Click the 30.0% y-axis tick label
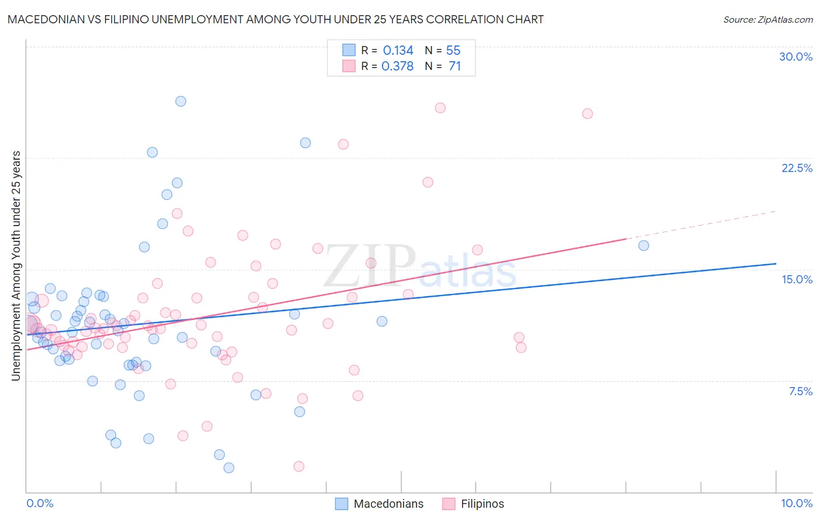pos(796,57)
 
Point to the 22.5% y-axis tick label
pos(797,168)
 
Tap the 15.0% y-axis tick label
pos(797,279)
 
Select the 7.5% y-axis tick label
pos(800,391)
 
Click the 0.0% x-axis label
pos(40,503)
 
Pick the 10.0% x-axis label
pos(797,503)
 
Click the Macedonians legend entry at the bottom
pos(388,504)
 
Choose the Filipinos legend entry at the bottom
pos(482,504)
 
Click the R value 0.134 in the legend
pos(398,51)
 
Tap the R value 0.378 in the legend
pos(397,66)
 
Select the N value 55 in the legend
pos(453,51)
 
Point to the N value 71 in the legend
pos(455,66)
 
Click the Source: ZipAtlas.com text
pos(768,20)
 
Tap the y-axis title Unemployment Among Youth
pos(16,266)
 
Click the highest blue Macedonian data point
pos(181,101)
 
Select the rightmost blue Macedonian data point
pos(643,245)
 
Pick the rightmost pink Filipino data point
pos(587,114)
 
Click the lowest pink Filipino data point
pos(299,466)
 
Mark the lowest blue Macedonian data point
pos(229,468)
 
